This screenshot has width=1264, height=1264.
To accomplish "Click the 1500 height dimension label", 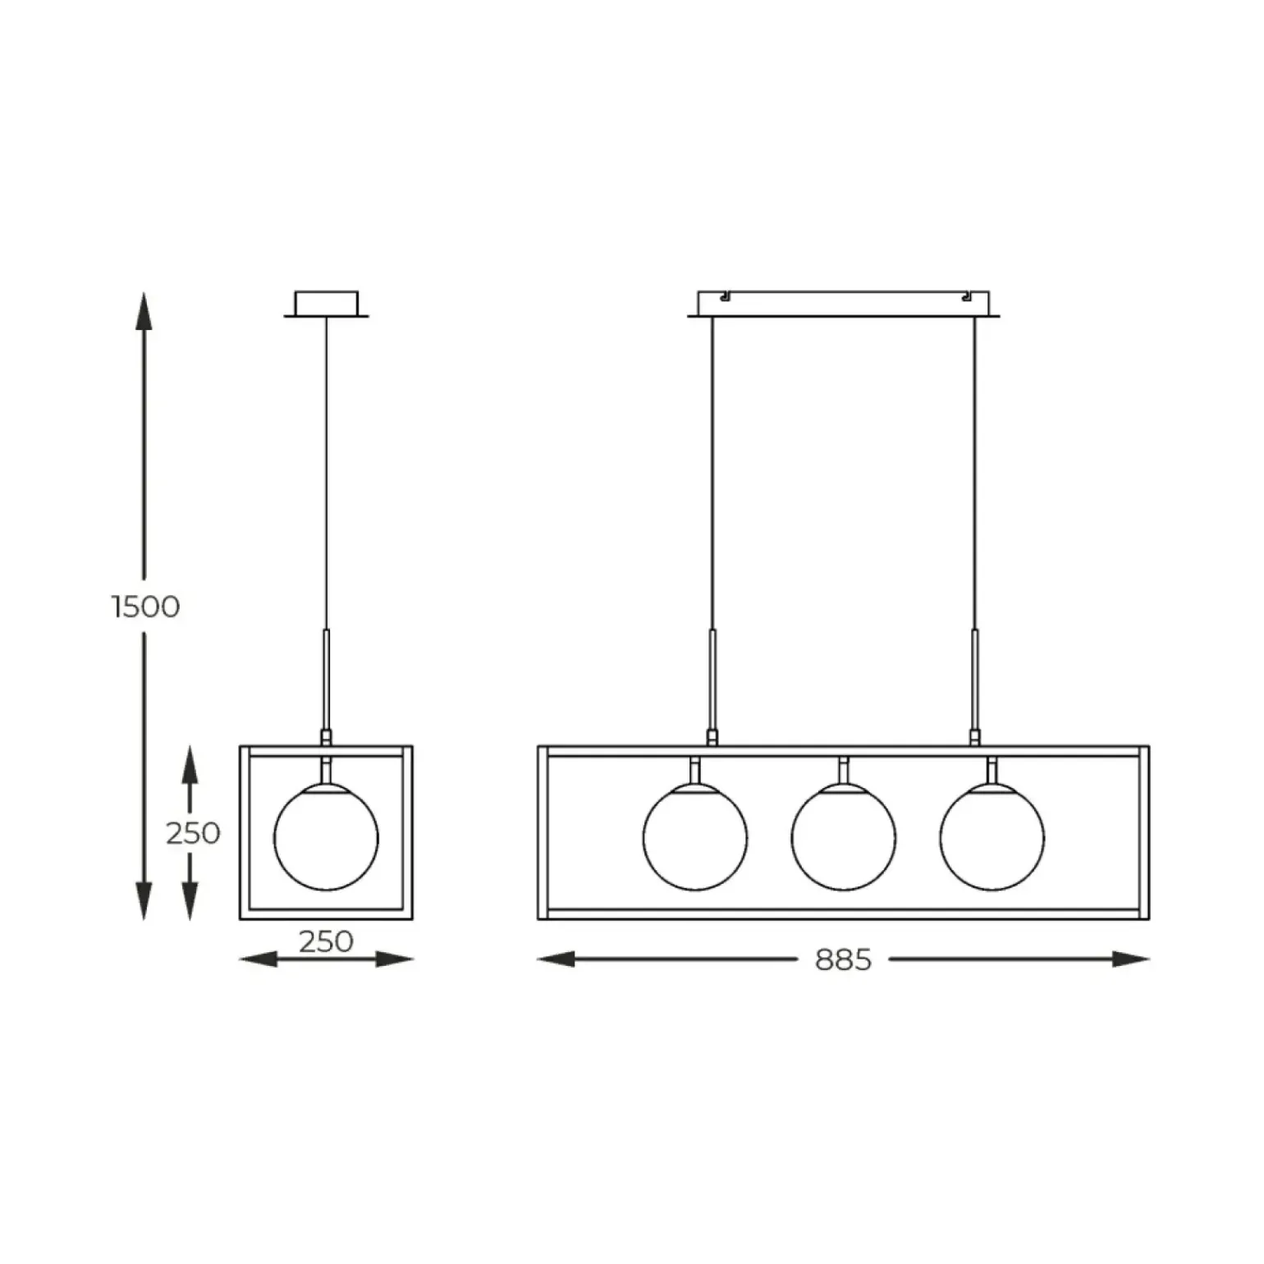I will pyautogui.click(x=145, y=607).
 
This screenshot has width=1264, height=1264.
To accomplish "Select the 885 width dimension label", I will pyautogui.click(x=843, y=959).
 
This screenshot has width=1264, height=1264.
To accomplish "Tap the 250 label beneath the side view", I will pyautogui.click(x=326, y=941).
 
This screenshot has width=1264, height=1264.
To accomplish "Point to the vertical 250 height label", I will pyautogui.click(x=193, y=833).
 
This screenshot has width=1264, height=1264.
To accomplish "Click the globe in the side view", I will pyautogui.click(x=326, y=837).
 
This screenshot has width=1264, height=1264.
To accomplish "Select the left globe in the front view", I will pyautogui.click(x=695, y=837).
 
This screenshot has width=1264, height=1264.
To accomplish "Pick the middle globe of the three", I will pyautogui.click(x=844, y=837).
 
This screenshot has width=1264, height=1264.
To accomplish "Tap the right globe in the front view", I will pyautogui.click(x=992, y=837).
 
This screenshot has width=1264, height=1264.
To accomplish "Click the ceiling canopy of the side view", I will pyautogui.click(x=326, y=303).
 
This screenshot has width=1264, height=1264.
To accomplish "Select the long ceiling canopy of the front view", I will pyautogui.click(x=843, y=304).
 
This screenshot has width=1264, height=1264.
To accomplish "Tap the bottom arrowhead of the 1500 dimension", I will pyautogui.click(x=144, y=901).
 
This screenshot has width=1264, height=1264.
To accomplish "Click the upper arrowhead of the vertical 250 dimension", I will pyautogui.click(x=190, y=763).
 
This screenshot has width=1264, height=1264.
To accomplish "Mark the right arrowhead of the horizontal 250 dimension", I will pyautogui.click(x=396, y=959).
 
